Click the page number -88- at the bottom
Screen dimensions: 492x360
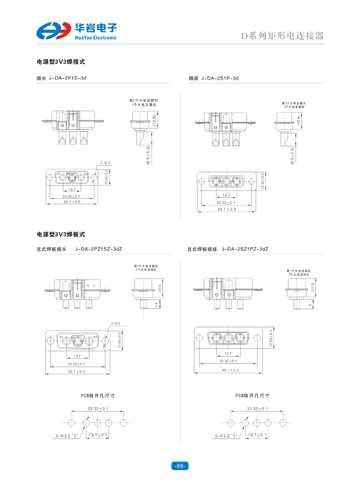[179, 466]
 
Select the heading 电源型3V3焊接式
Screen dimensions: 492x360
[61, 62]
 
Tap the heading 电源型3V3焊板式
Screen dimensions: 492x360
[61, 235]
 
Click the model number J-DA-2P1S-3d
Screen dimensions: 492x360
[67, 78]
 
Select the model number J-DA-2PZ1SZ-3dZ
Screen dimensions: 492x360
[98, 249]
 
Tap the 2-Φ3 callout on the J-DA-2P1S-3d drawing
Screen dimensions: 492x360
[105, 163]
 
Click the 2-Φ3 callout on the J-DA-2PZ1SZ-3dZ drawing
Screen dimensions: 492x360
[115, 323]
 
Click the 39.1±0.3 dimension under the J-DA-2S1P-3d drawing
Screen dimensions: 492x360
[226, 209]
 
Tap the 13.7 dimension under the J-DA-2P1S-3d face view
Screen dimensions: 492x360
[72, 190]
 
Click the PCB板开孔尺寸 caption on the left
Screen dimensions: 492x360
[97, 396]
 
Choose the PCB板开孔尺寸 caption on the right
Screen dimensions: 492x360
[253, 396]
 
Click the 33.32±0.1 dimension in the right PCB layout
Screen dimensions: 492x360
[257, 409]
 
